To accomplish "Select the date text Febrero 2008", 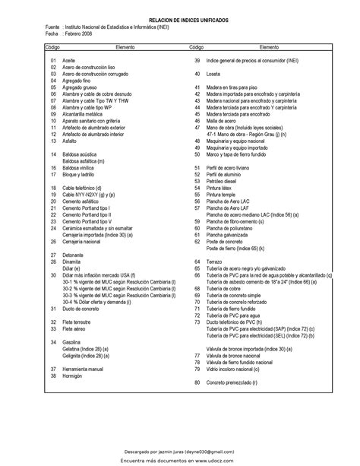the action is tap(78, 34).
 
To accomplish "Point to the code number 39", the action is tap(197, 60).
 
